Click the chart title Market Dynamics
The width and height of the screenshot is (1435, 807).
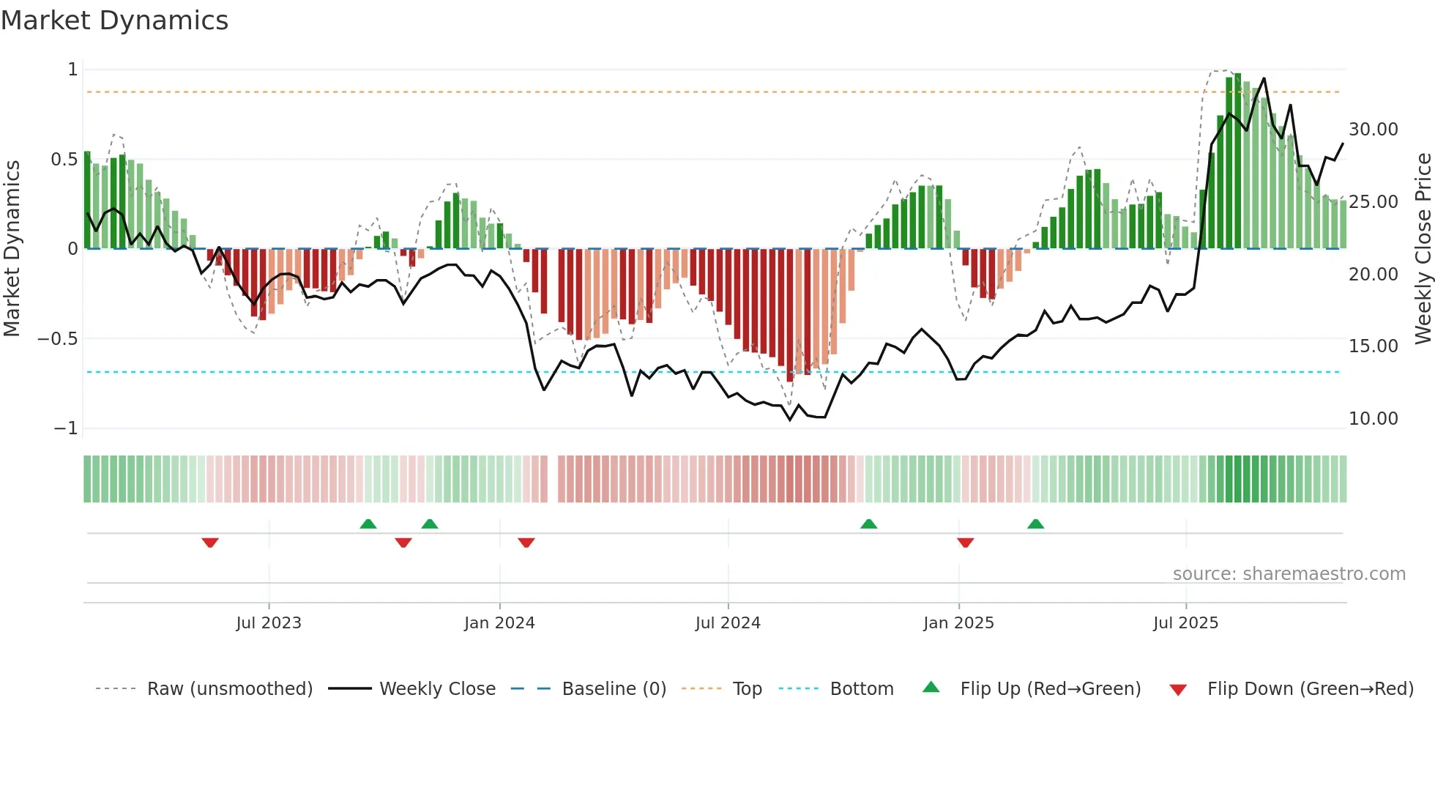[x=114, y=21]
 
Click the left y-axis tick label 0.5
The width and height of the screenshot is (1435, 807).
[x=64, y=160]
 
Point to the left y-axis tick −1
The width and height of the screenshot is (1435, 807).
[x=65, y=428]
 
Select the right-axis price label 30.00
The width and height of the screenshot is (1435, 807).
[x=1373, y=130]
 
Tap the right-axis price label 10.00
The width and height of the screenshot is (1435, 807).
[x=1373, y=419]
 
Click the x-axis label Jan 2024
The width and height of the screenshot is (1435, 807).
[x=499, y=623]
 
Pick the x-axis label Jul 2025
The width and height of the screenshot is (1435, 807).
[x=1185, y=623]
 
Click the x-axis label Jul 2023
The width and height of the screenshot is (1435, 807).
[x=269, y=623]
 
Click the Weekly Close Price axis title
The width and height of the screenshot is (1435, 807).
[x=1423, y=248]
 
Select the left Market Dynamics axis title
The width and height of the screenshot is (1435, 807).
[x=12, y=248]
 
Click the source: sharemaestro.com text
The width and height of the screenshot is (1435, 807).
[x=1289, y=574]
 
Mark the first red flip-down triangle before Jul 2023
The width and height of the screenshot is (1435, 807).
[x=210, y=543]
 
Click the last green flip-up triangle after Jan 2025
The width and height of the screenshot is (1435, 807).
[x=1035, y=524]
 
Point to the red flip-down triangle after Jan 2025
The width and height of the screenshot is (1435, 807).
[x=965, y=543]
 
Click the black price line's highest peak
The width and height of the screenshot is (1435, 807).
[x=1264, y=78]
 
